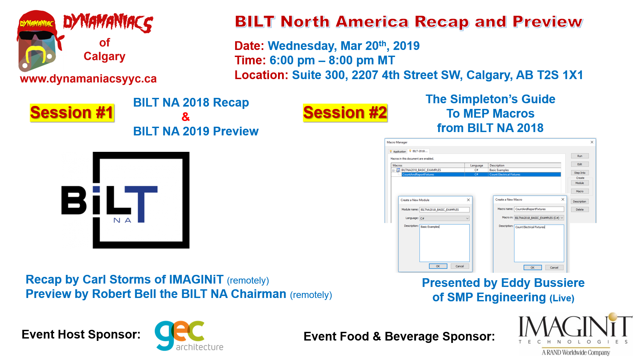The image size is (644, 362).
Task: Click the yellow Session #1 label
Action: (72, 113)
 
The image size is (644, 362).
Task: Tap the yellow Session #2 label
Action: (345, 113)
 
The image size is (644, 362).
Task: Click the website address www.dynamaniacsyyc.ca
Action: (88, 79)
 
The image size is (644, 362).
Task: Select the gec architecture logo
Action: (189, 336)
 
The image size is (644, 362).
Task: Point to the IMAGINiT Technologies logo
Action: (576, 334)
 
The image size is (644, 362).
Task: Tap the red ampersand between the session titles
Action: (185, 117)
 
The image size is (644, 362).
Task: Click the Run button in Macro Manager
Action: (580, 156)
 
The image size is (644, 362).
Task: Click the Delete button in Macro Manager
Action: (580, 209)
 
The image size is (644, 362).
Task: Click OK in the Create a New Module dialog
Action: (438, 266)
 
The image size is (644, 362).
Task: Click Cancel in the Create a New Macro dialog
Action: (554, 267)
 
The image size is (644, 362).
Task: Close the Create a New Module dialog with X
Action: (468, 200)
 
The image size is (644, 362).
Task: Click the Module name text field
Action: (444, 210)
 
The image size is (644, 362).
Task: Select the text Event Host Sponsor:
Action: (81, 335)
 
